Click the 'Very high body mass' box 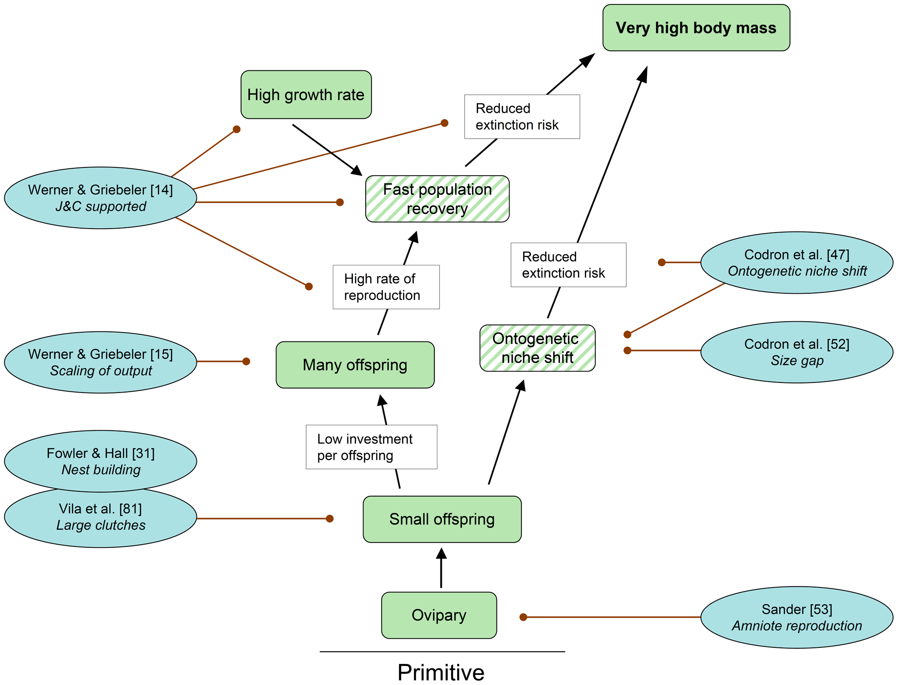point(696,28)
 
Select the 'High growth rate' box point(306,94)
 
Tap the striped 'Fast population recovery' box point(437,199)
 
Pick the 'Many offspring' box point(355,365)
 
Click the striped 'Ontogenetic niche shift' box point(537,348)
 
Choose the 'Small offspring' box point(442,519)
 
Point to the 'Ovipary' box point(439,615)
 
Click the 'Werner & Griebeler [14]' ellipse point(100,198)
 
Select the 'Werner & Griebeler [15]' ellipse point(100,362)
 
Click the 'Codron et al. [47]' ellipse point(797,262)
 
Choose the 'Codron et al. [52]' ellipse point(797,352)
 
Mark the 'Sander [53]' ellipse point(797,617)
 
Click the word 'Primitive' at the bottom point(441,672)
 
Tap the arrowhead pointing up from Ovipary point(441,554)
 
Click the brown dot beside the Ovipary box point(523,617)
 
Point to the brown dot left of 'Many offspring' point(246,362)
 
